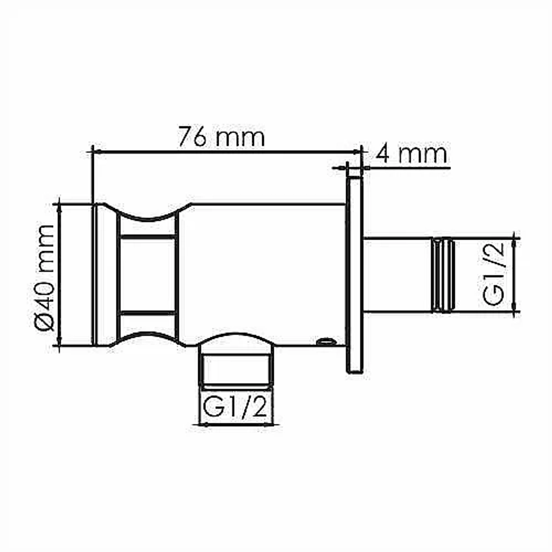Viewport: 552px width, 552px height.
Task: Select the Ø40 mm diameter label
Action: click(x=45, y=278)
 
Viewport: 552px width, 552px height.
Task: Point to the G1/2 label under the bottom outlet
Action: click(x=235, y=406)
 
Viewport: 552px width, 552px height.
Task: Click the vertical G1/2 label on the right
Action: click(x=493, y=274)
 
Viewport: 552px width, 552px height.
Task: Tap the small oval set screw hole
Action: click(x=326, y=341)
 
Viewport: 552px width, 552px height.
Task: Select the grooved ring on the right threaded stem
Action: click(x=443, y=275)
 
